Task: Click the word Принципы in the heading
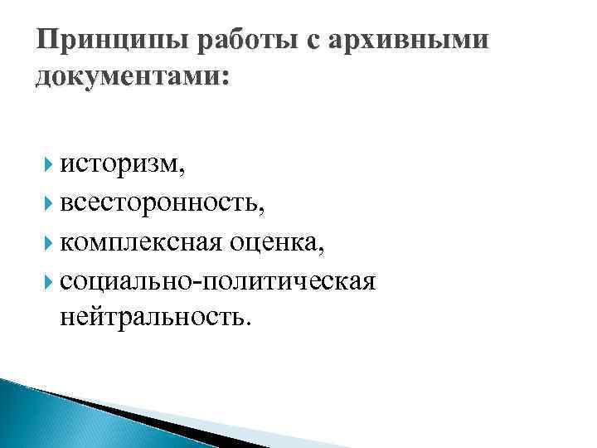(x=90, y=40)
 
